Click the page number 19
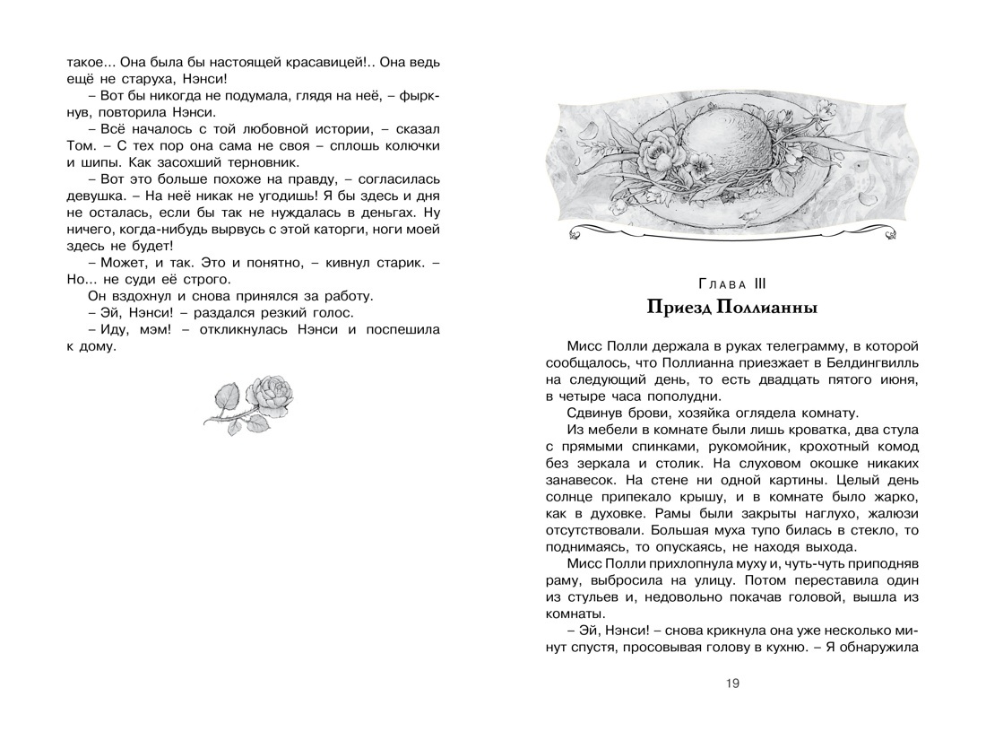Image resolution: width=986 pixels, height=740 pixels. pyautogui.click(x=732, y=684)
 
